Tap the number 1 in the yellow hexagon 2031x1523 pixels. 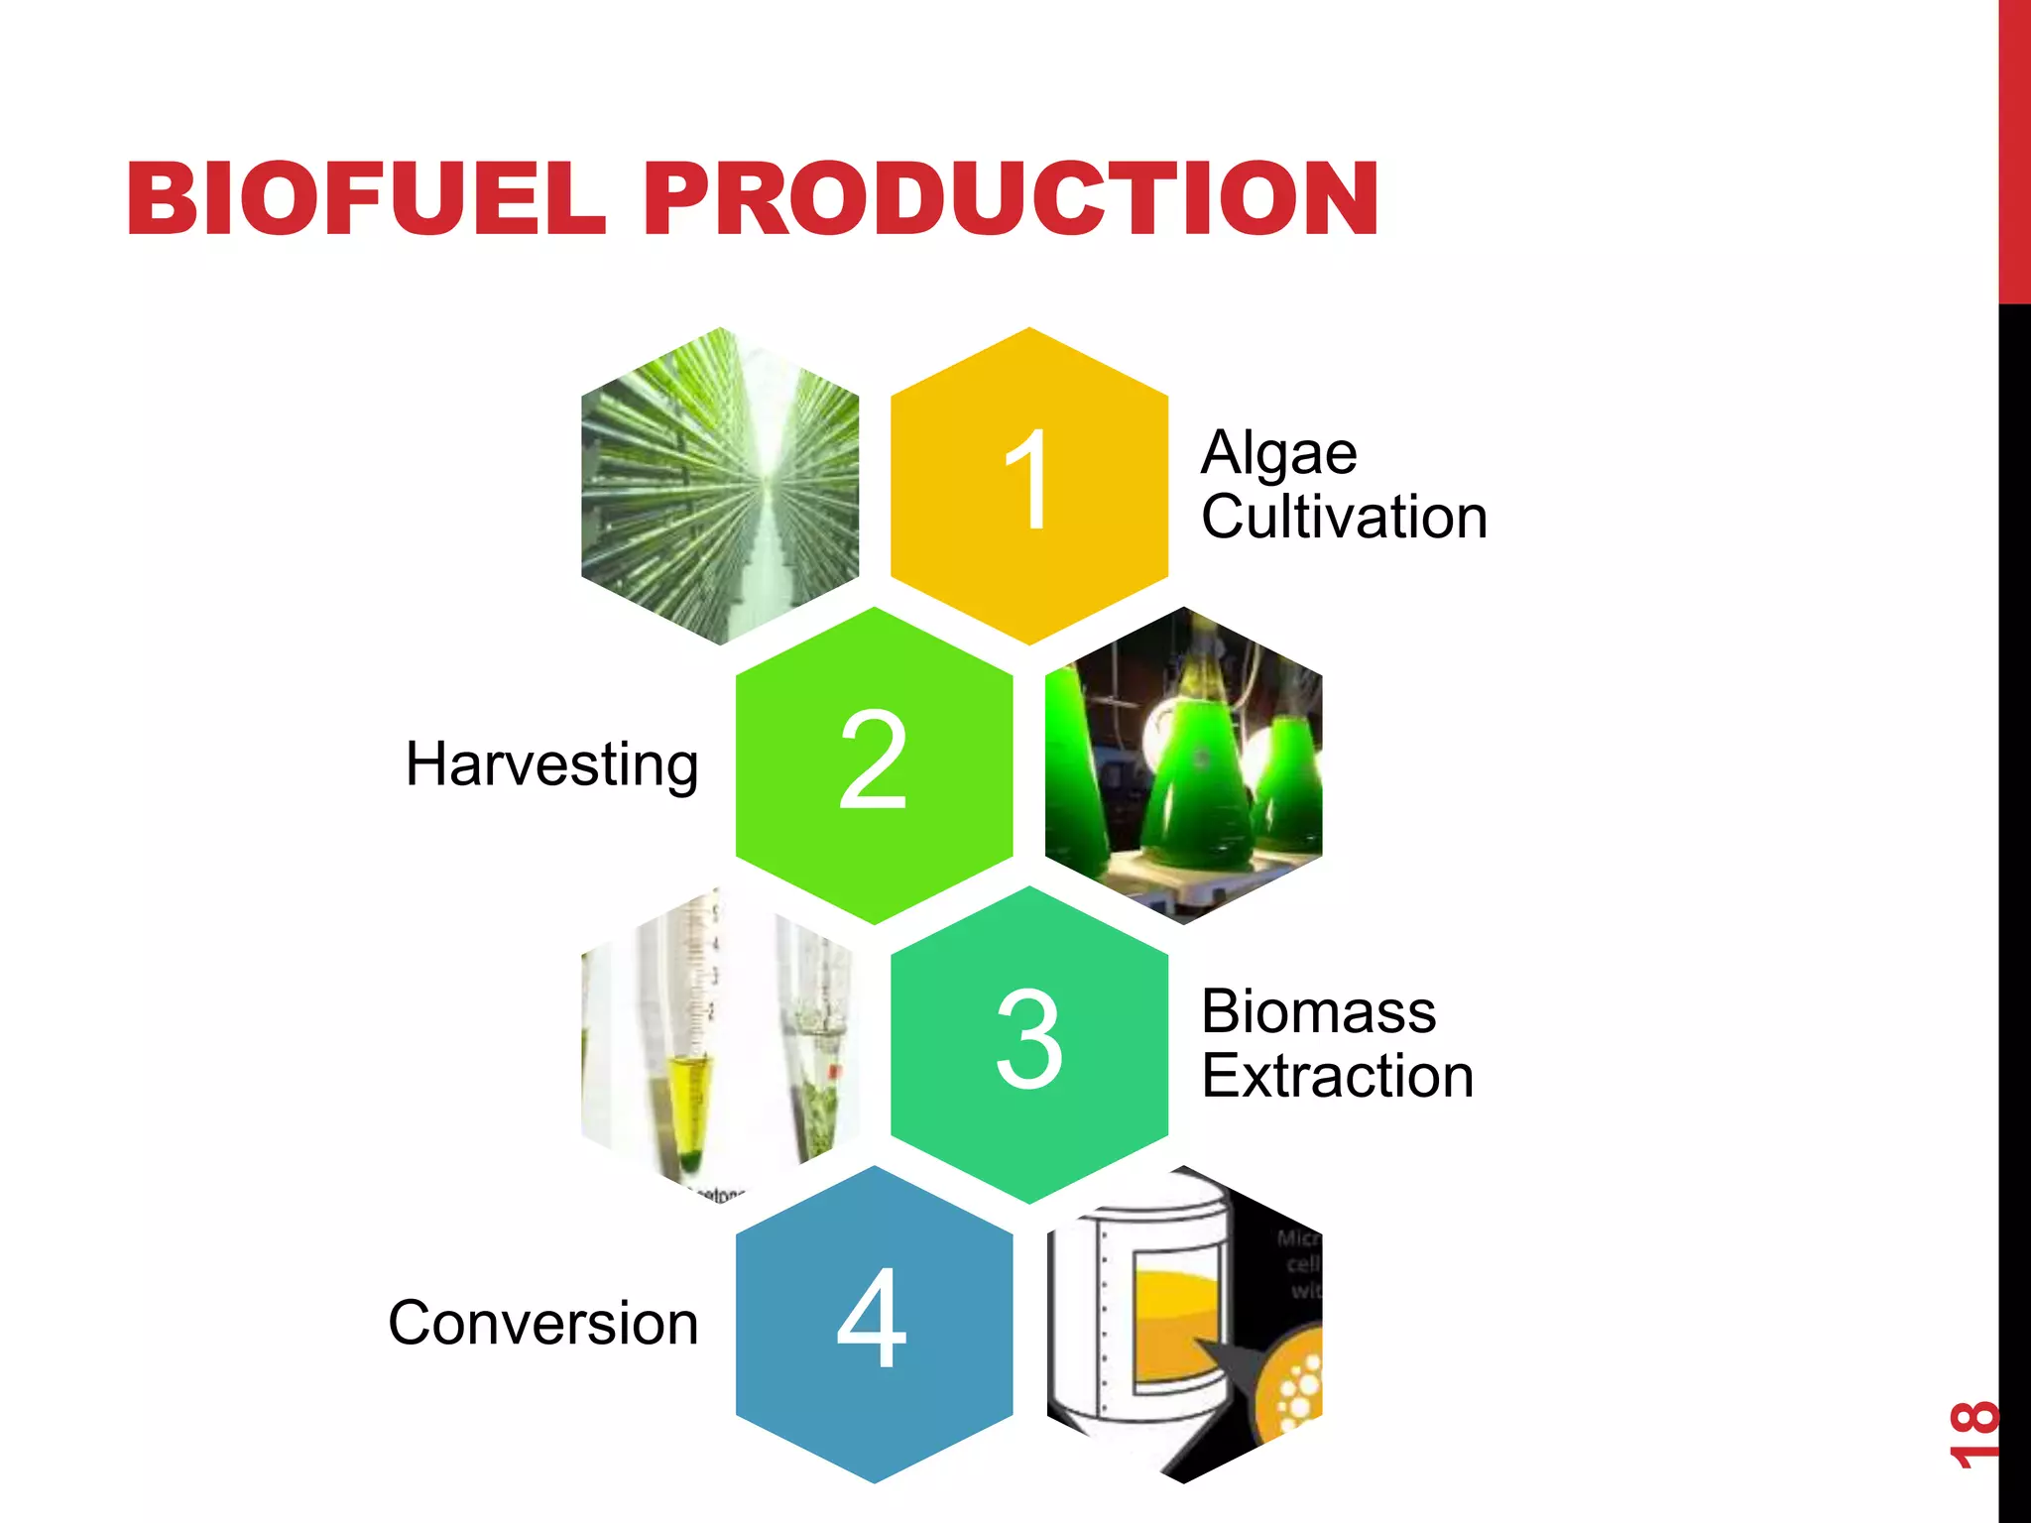[1028, 481]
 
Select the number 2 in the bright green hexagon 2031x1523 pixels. [873, 761]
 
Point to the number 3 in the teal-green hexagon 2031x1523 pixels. [1028, 1039]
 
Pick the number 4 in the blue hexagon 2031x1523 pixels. [873, 1320]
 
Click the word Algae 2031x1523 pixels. [1278, 454]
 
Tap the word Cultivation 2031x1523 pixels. [1344, 518]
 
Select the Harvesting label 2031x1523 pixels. [552, 764]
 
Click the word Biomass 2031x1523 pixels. [1318, 1012]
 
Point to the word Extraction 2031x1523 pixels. [1337, 1077]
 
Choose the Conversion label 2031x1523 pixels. [543, 1324]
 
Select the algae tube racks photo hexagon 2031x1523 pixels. [720, 486]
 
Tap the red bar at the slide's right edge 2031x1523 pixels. [2014, 149]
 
